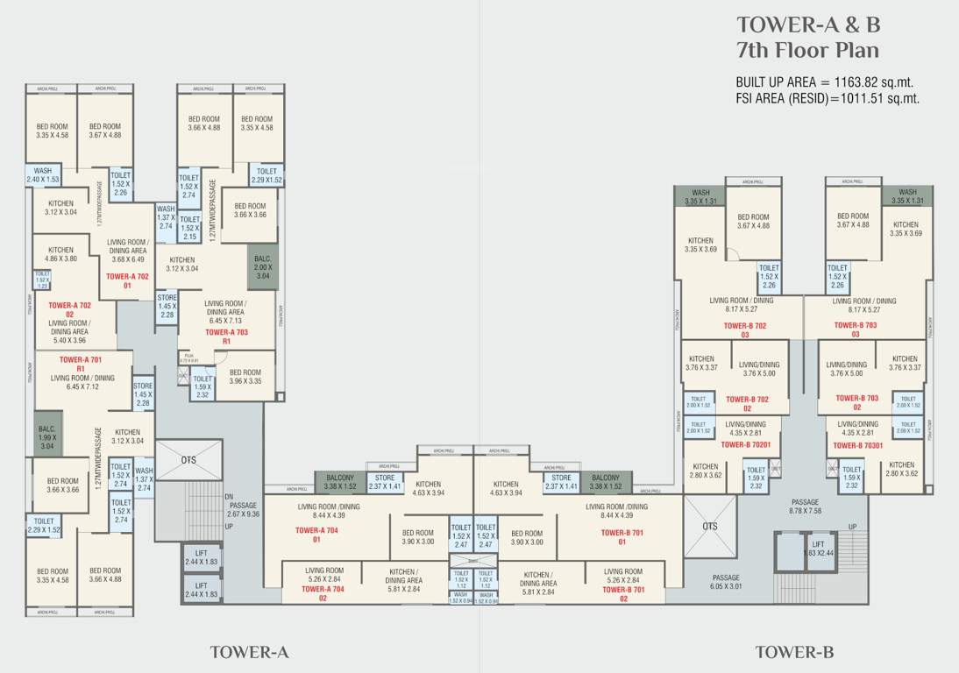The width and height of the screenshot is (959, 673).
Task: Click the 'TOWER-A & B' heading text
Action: tap(807, 24)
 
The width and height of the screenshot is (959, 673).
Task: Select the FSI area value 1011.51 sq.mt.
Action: tap(880, 98)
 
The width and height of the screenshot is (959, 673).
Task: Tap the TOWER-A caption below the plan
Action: tap(249, 652)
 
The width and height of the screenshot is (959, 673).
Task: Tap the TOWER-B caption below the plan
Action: tap(794, 652)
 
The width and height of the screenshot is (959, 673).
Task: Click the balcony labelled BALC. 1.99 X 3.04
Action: tap(46, 435)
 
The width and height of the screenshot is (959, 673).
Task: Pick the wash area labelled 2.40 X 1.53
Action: tap(42, 175)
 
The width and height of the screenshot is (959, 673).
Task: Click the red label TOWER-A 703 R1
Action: tap(226, 337)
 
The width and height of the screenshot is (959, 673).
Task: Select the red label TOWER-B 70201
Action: tap(745, 444)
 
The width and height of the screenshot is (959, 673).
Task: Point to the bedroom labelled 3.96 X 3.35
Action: tap(245, 377)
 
